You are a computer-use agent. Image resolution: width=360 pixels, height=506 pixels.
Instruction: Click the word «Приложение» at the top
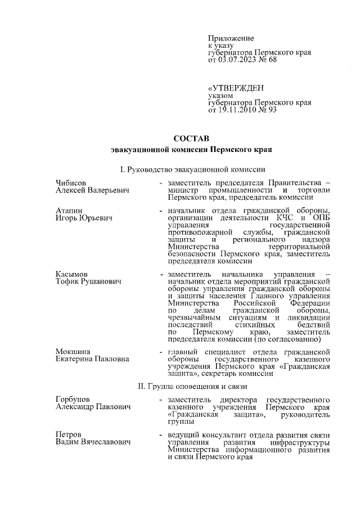click(231, 37)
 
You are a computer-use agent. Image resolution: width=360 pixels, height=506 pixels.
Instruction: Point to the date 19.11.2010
click(240, 110)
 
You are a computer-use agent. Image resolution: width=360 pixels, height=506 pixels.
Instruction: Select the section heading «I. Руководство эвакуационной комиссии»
click(191, 169)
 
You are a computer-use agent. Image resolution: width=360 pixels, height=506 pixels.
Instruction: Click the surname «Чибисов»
click(71, 182)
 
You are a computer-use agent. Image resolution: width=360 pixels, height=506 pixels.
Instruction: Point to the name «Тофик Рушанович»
click(89, 281)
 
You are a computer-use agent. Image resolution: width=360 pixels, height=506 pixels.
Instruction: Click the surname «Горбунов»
click(73, 399)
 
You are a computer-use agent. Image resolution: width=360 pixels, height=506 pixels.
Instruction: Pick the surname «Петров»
click(69, 435)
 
